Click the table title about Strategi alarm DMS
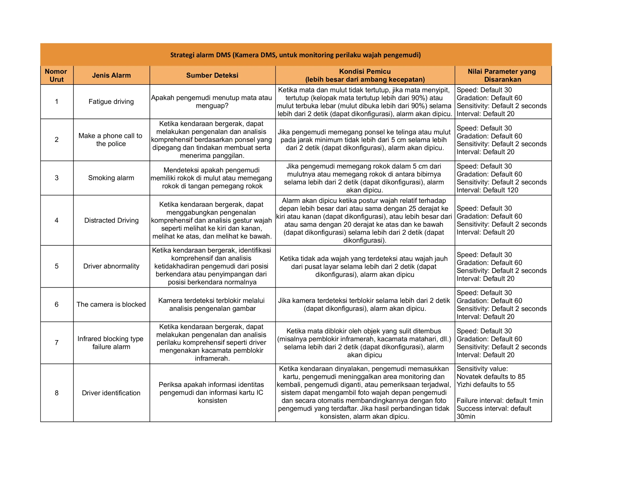(x=295, y=55)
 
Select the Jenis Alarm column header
(x=111, y=75)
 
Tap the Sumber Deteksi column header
(x=212, y=75)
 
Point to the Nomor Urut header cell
(x=56, y=75)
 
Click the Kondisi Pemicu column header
(x=365, y=75)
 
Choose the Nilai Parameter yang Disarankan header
(x=503, y=75)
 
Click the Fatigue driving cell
(x=111, y=102)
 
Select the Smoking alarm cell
(x=111, y=178)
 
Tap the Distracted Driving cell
(x=111, y=220)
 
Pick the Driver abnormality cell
(x=111, y=266)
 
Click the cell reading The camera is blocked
(x=111, y=304)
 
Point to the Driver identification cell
(x=111, y=393)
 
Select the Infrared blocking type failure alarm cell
(x=111, y=343)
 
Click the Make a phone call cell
(x=111, y=140)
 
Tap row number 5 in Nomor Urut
(x=57, y=266)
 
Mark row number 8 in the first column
(x=57, y=393)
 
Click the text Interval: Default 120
(x=487, y=190)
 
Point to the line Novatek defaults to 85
(x=491, y=377)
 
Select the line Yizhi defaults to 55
(x=486, y=385)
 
